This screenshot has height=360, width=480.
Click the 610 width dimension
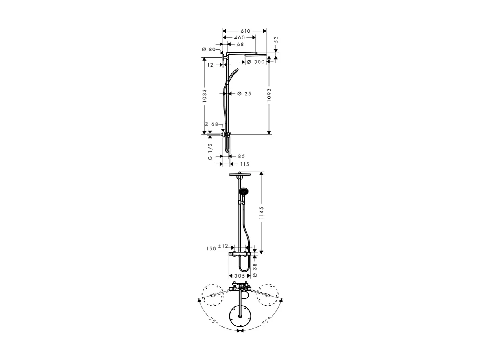(x=245, y=31)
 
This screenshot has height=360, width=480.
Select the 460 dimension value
(x=239, y=38)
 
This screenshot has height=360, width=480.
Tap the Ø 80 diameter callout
(x=209, y=50)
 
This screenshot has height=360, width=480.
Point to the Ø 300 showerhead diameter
(x=256, y=62)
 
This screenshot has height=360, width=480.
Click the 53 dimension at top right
(x=276, y=40)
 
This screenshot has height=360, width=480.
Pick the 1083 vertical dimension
(x=204, y=96)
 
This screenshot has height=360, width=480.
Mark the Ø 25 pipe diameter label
(x=244, y=94)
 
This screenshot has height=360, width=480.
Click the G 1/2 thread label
(x=210, y=151)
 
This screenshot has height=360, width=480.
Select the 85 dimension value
(x=241, y=156)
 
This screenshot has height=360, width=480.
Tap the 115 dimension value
(x=244, y=164)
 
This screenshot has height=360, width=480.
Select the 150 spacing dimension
(x=211, y=249)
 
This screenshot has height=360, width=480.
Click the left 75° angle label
(x=213, y=321)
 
